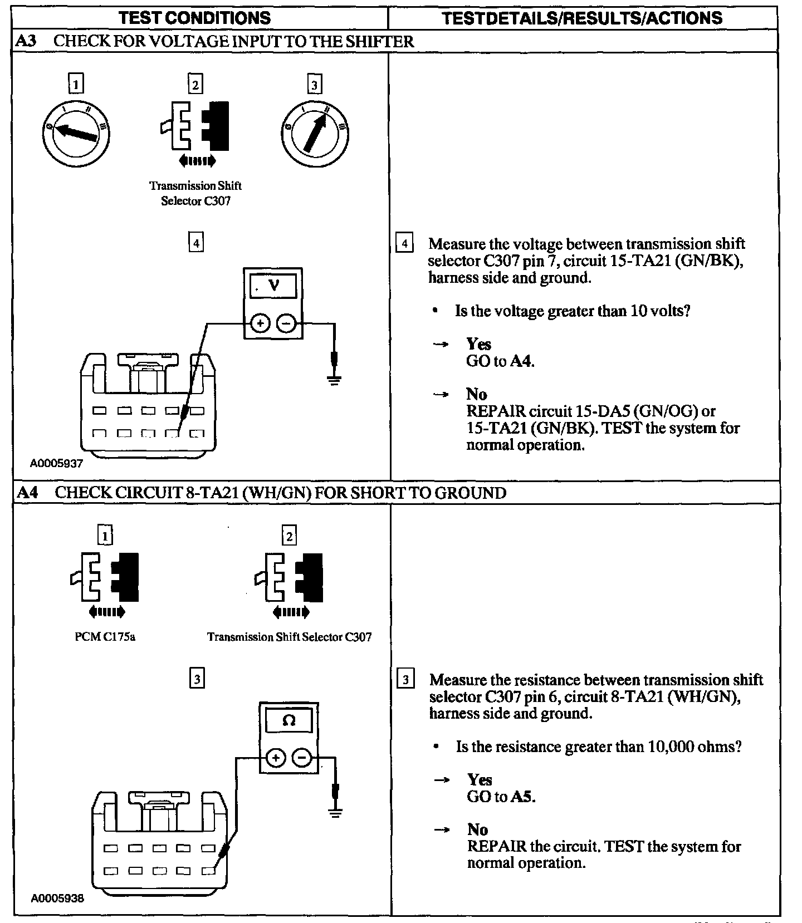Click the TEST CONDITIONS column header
pyautogui.click(x=195, y=17)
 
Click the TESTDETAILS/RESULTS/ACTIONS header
pyautogui.click(x=582, y=18)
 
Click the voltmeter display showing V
pyautogui.click(x=273, y=286)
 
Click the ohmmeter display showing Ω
pyautogui.click(x=288, y=721)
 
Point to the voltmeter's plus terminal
pyautogui.click(x=260, y=323)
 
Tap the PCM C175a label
pyautogui.click(x=105, y=636)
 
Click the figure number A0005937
pyautogui.click(x=56, y=463)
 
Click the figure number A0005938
pyautogui.click(x=57, y=898)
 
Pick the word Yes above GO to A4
pyautogui.click(x=478, y=343)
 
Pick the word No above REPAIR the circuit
pyautogui.click(x=477, y=829)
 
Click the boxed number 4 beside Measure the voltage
pyautogui.click(x=404, y=244)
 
